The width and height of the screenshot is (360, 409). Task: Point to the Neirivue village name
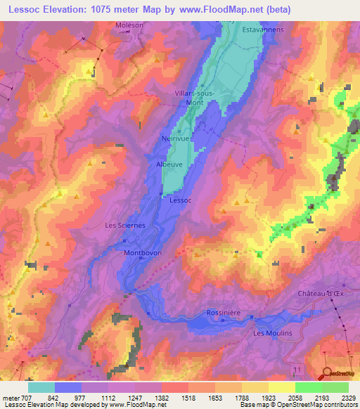point(176,138)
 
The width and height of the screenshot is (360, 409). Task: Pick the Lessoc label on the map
point(181,200)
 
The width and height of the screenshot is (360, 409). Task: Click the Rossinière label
point(224,312)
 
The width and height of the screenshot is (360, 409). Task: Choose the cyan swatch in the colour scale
point(41,387)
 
